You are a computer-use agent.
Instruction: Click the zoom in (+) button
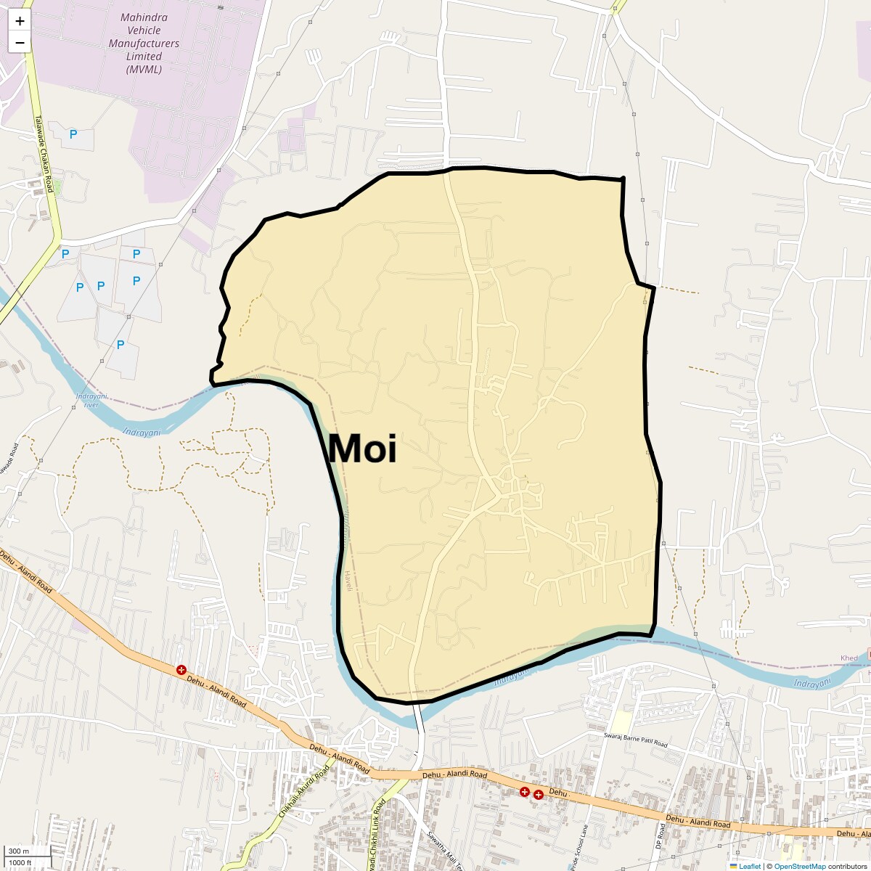tap(20, 21)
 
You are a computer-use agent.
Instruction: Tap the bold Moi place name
tap(362, 449)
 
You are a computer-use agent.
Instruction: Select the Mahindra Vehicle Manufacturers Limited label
tap(144, 44)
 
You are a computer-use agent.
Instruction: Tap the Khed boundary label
tap(848, 658)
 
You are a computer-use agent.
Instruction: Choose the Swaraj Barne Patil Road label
tap(635, 740)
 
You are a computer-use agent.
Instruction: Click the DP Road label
tap(660, 837)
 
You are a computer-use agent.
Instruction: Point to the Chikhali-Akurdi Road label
tap(304, 791)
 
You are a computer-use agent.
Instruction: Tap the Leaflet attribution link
tap(750, 866)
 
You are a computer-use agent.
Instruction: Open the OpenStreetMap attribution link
tap(799, 866)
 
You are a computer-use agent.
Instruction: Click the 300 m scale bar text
tap(19, 851)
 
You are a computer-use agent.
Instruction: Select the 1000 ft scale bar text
tap(21, 862)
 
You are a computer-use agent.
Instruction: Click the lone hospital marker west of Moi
tap(181, 670)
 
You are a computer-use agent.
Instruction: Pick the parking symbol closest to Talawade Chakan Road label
tap(73, 134)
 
